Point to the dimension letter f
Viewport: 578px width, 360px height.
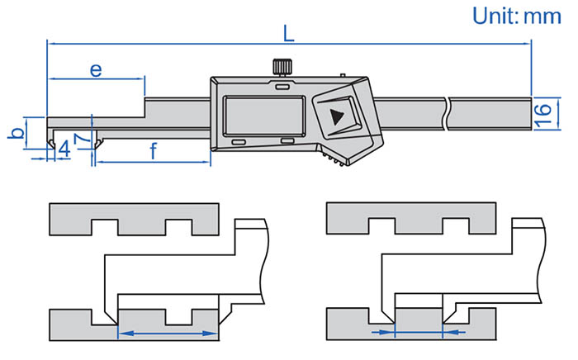point(154,149)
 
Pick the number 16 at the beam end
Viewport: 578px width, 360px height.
point(542,112)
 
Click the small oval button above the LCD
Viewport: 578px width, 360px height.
point(282,86)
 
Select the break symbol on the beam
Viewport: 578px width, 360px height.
point(447,112)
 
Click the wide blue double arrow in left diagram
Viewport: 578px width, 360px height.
point(168,334)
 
